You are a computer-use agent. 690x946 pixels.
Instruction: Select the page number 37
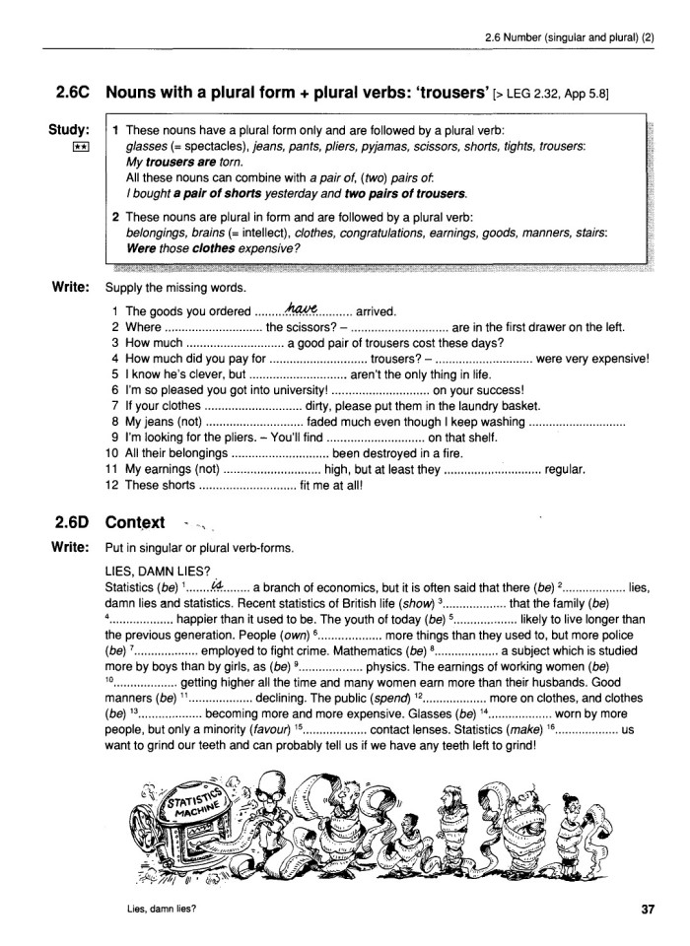point(648,911)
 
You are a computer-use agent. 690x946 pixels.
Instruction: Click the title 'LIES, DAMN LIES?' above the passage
point(157,572)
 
